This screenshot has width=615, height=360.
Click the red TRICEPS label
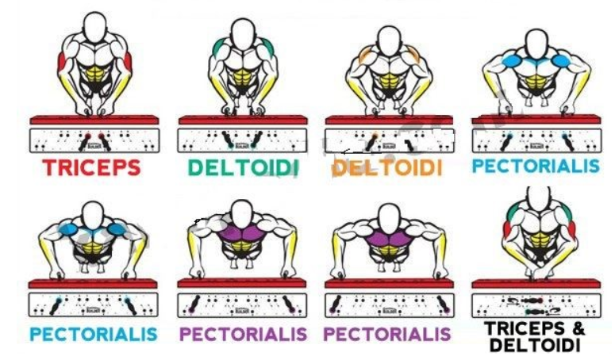[x=91, y=167]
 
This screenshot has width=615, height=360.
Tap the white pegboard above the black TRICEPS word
[x=535, y=304]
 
